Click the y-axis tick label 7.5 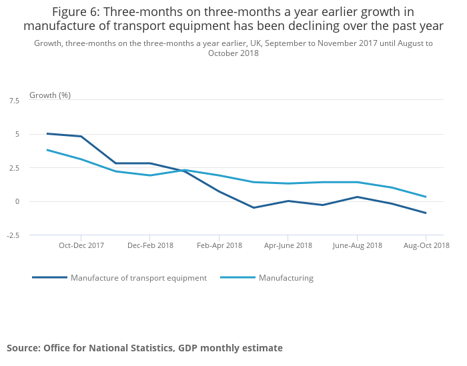pyautogui.click(x=14, y=101)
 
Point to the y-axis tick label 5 pyautogui.click(x=17, y=134)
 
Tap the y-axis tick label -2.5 pyautogui.click(x=13, y=235)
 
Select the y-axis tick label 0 pyautogui.click(x=17, y=201)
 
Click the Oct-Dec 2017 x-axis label pyautogui.click(x=81, y=245)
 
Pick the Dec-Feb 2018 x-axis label pyautogui.click(x=150, y=245)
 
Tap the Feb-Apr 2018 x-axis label pyautogui.click(x=219, y=245)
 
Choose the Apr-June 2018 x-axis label pyautogui.click(x=288, y=245)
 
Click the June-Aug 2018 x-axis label pyautogui.click(x=357, y=245)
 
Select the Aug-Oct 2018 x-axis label pyautogui.click(x=426, y=245)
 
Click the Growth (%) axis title pyautogui.click(x=50, y=95)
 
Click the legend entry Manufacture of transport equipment pyautogui.click(x=139, y=278)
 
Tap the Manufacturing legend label pyautogui.click(x=286, y=278)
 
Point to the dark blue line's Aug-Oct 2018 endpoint pyautogui.click(x=426, y=213)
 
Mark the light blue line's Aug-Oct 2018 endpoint pyautogui.click(x=426, y=197)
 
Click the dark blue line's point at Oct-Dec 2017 pyautogui.click(x=81, y=136)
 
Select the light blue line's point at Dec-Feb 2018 pyautogui.click(x=150, y=175)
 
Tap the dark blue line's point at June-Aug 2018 pyautogui.click(x=357, y=197)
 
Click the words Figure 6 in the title pyautogui.click(x=77, y=12)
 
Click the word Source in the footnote pyautogui.click(x=23, y=348)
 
